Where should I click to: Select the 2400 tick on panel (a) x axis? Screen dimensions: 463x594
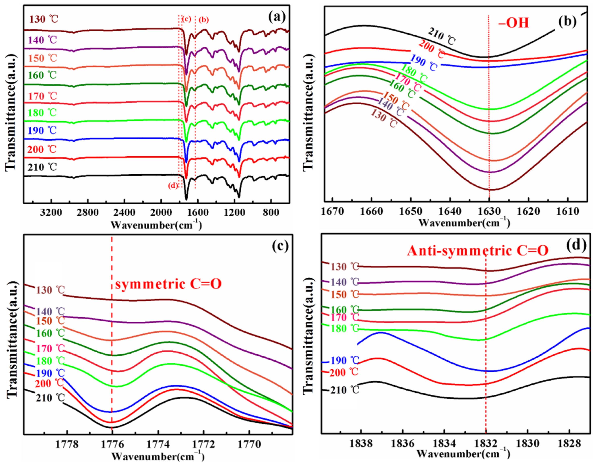pyautogui.click(x=124, y=212)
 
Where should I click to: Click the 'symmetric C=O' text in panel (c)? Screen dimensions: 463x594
pyautogui.click(x=168, y=284)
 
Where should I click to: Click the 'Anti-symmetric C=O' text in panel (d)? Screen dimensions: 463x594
pyautogui.click(x=477, y=251)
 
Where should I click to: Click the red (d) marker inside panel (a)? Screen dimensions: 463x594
pyautogui.click(x=173, y=186)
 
